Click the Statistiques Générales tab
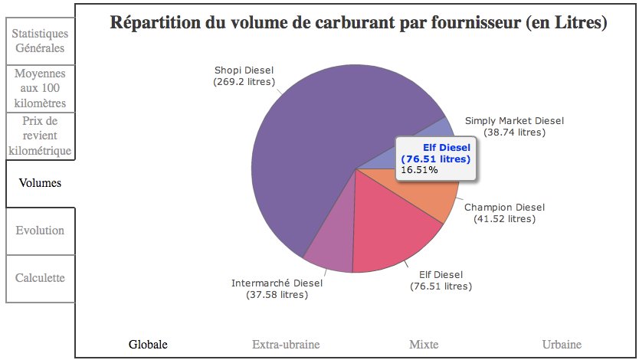pos(40,41)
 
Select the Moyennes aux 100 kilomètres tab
pos(40,88)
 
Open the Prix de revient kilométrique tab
pos(40,135)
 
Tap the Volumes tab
pos(40,183)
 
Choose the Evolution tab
pos(40,231)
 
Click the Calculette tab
pos(40,277)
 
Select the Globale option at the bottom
pos(148,344)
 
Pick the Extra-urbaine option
pos(286,344)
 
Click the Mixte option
pos(424,344)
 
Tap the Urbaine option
pos(561,344)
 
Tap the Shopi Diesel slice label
pos(244,76)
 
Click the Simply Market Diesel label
pos(514,126)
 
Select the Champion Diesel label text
pos(504,213)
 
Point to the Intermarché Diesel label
pos(277,288)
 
